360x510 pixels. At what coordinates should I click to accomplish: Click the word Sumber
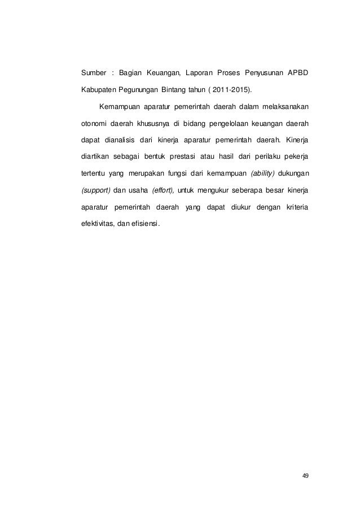pyautogui.click(x=93, y=73)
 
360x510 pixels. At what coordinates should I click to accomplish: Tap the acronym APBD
pyautogui.click(x=296, y=73)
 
